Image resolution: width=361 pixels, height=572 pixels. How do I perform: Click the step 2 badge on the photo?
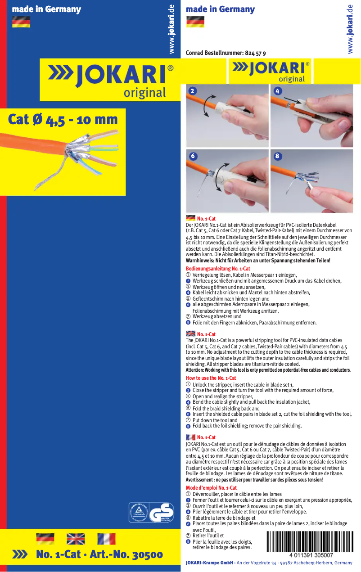pyautogui.click(x=193, y=91)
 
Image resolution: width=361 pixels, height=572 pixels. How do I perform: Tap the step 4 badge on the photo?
pyautogui.click(x=277, y=91)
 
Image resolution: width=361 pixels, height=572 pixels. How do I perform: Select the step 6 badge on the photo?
pyautogui.click(x=193, y=156)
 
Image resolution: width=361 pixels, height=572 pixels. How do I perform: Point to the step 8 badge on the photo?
pyautogui.click(x=277, y=156)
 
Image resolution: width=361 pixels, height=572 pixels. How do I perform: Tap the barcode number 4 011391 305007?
pyautogui.click(x=311, y=555)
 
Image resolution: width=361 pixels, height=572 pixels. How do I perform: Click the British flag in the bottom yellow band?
pyautogui.click(x=76, y=539)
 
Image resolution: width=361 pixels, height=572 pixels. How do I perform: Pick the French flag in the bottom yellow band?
pyautogui.click(x=106, y=539)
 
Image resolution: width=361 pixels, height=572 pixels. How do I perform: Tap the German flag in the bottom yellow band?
pyautogui.click(x=45, y=539)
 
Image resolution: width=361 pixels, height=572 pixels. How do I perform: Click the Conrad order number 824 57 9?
pyautogui.click(x=255, y=53)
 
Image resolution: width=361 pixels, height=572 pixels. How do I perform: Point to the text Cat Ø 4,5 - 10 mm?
pyautogui.click(x=63, y=120)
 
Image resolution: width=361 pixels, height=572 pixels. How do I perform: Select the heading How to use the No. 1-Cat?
pyautogui.click(x=211, y=378)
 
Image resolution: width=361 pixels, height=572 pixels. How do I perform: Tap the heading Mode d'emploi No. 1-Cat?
pyautogui.click(x=211, y=488)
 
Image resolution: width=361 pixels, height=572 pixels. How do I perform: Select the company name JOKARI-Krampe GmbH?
pyautogui.click(x=209, y=563)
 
